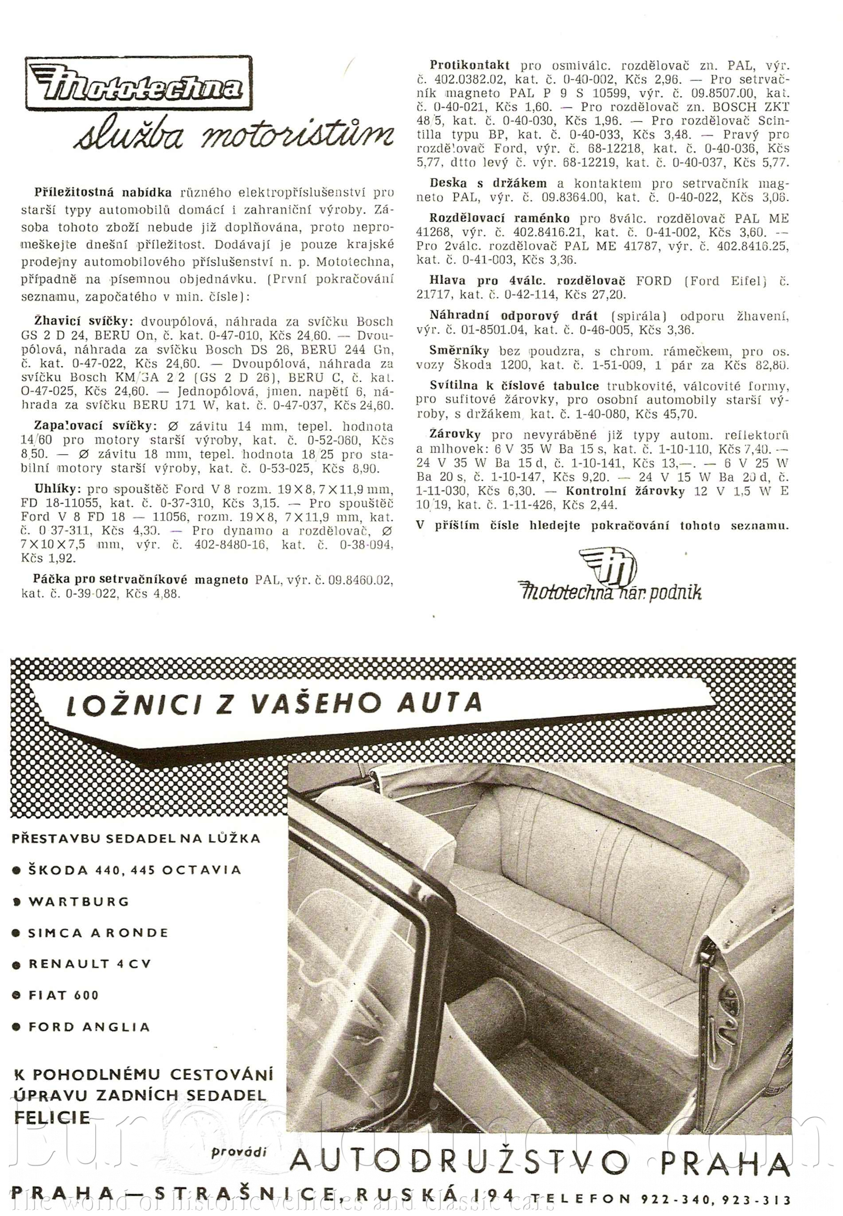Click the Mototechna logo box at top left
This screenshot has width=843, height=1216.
pos(138,83)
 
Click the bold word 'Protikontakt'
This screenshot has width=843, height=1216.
pos(469,65)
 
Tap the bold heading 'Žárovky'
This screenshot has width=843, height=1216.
pos(455,435)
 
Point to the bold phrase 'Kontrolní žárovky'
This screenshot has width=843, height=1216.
pos(625,491)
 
